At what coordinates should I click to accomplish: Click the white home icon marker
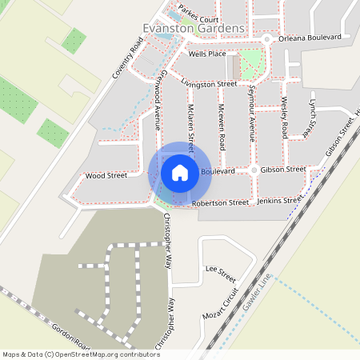click(x=180, y=172)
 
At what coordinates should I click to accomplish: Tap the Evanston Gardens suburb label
click(x=193, y=28)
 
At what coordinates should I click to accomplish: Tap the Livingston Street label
click(x=209, y=83)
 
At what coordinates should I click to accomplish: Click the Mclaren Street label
click(x=190, y=126)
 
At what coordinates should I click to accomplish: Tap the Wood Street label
click(x=106, y=175)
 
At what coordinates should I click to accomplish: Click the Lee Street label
click(x=220, y=270)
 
